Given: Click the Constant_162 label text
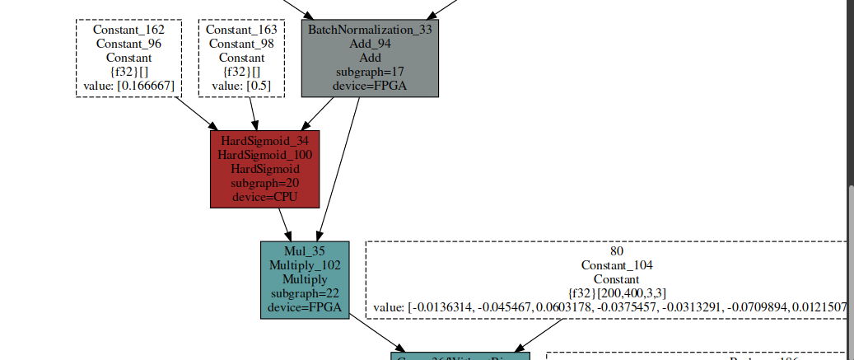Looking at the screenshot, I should coord(128,30).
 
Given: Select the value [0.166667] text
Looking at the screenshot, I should coord(128,86).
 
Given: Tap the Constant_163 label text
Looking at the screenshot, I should coord(241,30).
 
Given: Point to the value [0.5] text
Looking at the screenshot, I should coord(241,86).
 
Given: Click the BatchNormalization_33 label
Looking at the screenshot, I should coord(370,30).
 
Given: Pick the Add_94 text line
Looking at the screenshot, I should coord(370,44).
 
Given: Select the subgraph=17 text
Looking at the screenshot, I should coord(370,72).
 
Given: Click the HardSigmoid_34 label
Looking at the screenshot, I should coord(264,140).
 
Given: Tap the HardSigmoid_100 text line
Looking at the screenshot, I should coord(264,154).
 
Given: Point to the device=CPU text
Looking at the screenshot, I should coord(264,196).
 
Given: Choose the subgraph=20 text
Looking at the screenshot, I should coord(264,182).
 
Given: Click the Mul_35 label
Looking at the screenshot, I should coord(305,251).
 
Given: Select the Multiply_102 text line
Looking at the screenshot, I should coord(305,265).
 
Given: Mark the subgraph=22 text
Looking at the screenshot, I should coord(305,293).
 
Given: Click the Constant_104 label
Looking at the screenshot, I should coord(616,265).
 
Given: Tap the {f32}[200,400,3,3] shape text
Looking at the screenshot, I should coord(616,293).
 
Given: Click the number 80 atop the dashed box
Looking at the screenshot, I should coord(616,251).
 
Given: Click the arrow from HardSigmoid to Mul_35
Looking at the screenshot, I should coord(284,222).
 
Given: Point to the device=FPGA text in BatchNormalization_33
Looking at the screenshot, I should coord(370,86).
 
